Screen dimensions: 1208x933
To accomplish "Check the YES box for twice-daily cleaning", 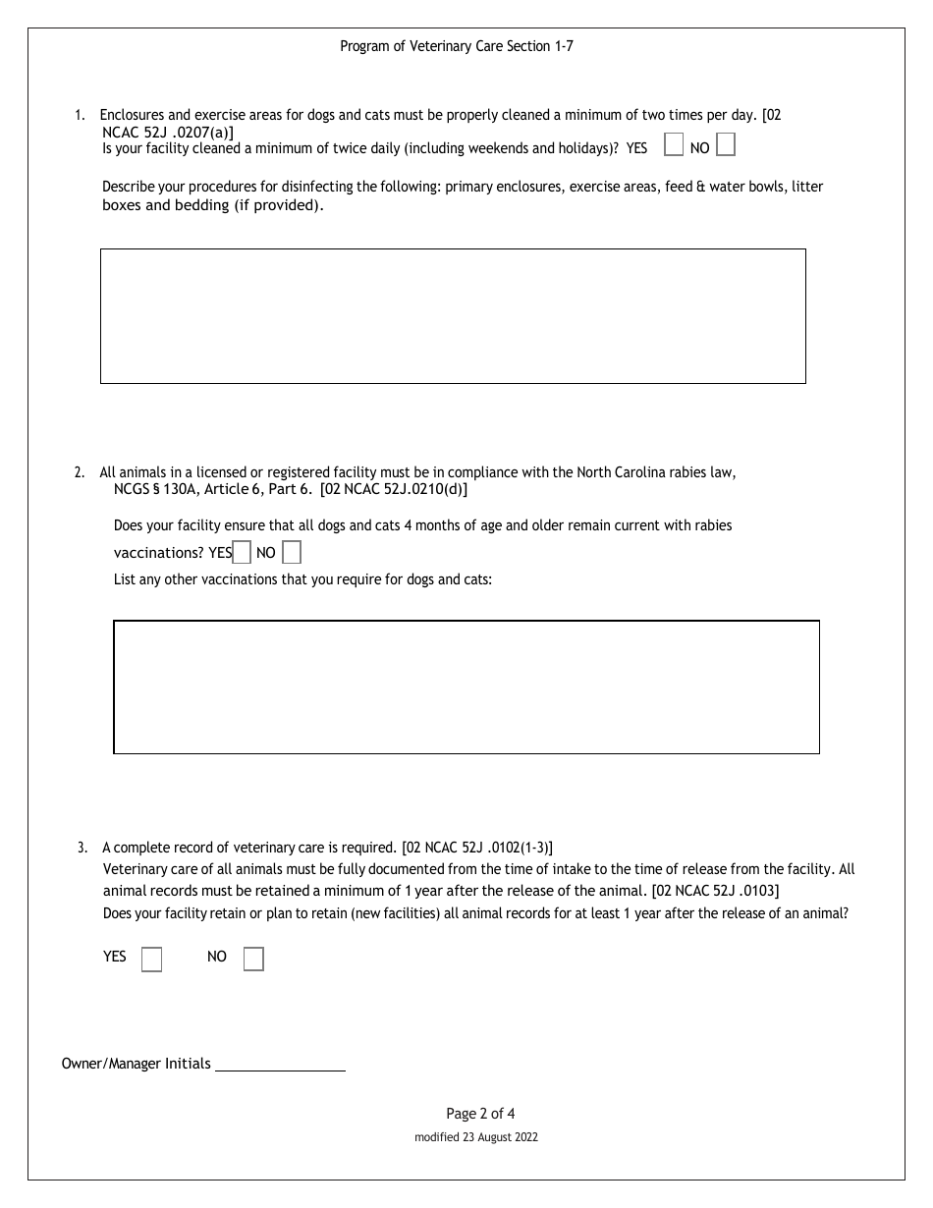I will [x=674, y=145].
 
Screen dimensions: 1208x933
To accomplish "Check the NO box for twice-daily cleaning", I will [x=725, y=145].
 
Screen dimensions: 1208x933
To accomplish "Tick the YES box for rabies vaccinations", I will [x=242, y=552].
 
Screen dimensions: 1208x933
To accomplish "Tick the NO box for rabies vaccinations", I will [x=291, y=552].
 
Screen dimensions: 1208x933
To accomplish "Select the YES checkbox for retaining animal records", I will [x=151, y=959].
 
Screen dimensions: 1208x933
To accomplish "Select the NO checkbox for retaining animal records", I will [x=253, y=959].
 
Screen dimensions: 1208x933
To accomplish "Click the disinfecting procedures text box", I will [x=453, y=315].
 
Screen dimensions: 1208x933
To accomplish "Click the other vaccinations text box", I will [x=466, y=686].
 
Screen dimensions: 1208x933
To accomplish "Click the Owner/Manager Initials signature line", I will [x=280, y=1064].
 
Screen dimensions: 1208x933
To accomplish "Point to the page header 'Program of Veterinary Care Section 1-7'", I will [x=457, y=46].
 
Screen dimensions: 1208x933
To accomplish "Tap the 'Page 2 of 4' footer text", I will [x=480, y=1113].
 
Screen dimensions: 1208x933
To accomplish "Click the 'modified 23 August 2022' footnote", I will [x=476, y=1137].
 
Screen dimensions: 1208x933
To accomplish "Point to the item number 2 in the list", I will [x=79, y=472].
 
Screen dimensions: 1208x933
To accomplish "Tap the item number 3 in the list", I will [x=82, y=847].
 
